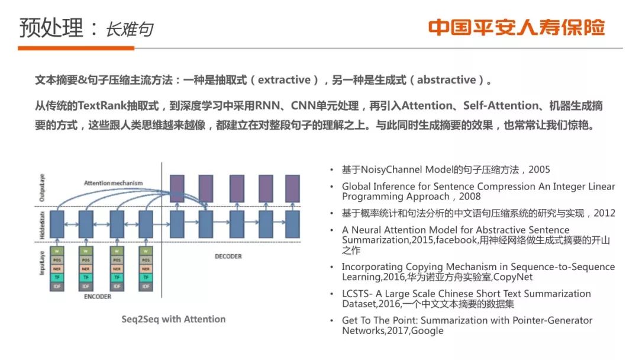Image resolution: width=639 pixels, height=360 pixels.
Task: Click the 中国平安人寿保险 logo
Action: click(x=517, y=27)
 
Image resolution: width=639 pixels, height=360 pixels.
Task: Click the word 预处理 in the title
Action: click(x=51, y=27)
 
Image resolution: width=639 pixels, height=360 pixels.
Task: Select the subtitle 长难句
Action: click(x=129, y=30)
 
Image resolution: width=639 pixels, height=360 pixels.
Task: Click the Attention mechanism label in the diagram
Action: click(x=114, y=183)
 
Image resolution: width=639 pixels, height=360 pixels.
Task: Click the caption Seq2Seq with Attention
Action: click(x=173, y=319)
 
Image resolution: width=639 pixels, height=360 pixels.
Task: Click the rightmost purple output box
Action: click(x=293, y=188)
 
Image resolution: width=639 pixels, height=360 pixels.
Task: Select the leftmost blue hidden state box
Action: click(x=57, y=224)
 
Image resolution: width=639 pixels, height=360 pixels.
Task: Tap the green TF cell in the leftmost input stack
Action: click(x=57, y=278)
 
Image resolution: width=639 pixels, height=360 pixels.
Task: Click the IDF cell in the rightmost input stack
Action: click(x=146, y=287)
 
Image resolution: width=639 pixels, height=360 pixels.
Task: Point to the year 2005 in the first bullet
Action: click(x=539, y=169)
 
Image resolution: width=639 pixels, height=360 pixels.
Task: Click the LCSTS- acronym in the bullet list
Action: click(x=359, y=294)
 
